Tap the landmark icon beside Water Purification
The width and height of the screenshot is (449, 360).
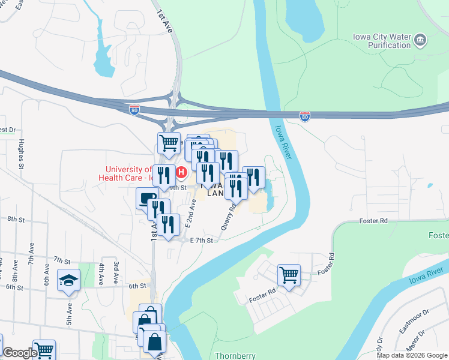421,41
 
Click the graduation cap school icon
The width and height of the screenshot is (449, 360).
68,280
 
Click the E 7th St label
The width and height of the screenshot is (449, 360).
202,241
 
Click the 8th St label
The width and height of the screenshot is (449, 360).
15,220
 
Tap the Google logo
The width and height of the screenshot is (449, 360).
20,353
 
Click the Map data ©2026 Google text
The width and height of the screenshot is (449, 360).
412,355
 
